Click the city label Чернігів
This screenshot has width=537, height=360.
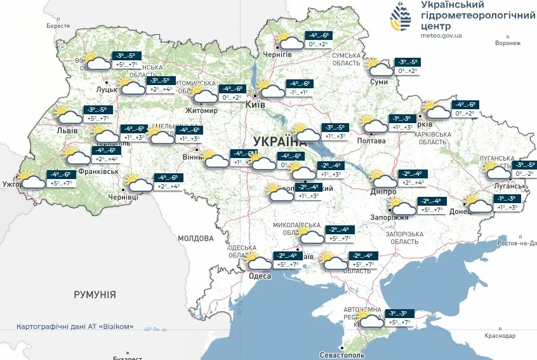point(278,55)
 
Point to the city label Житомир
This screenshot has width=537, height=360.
point(201,110)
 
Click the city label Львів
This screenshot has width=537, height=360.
point(67,131)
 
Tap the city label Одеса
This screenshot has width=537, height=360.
point(260,276)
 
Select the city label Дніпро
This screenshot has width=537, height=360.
point(383,191)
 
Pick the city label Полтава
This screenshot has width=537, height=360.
point(372,140)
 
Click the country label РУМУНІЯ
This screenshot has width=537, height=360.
point(95,295)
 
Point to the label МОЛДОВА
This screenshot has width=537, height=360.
point(196,239)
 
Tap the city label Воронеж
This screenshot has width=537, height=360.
point(507,43)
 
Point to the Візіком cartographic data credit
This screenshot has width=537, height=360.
point(76,326)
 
